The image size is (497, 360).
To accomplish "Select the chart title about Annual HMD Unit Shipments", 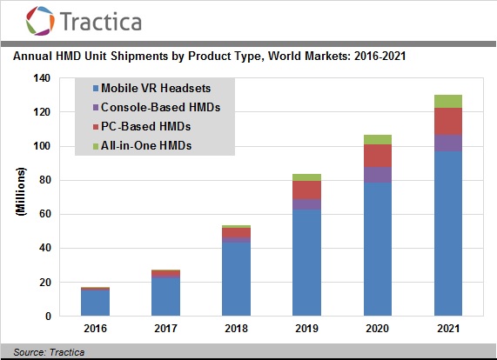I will [210, 57].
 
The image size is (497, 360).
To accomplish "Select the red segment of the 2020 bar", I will [377, 156].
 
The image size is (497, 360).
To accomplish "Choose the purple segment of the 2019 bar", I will [307, 204].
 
